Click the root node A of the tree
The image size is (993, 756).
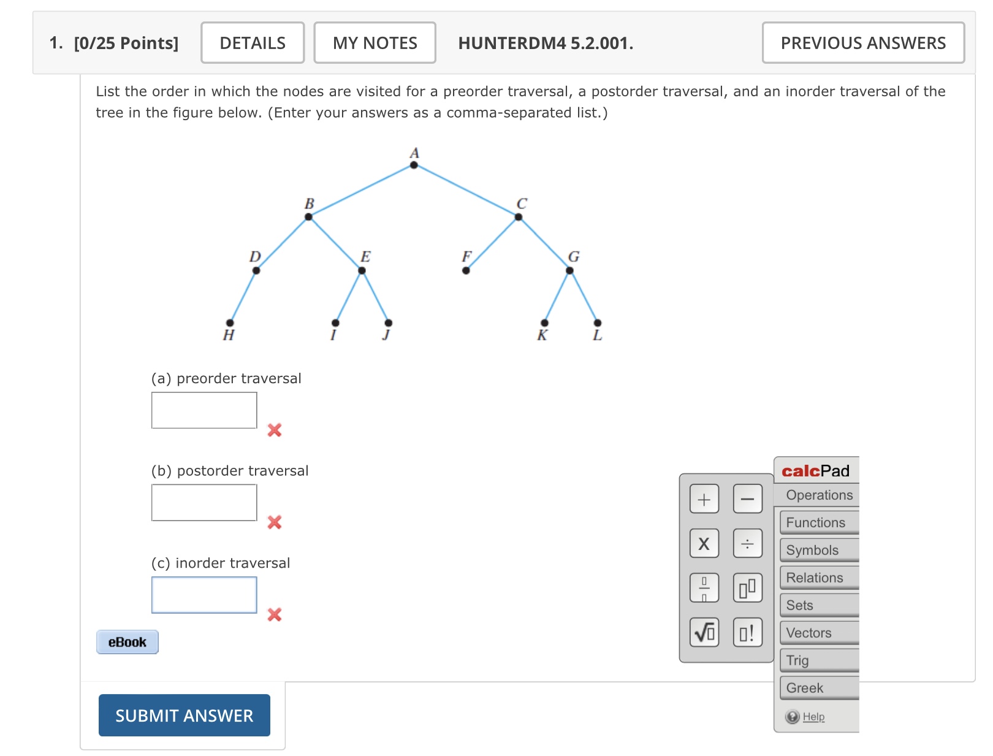414,165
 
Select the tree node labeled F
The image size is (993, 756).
466,270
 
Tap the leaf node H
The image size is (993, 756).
230,323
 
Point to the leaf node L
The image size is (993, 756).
598,323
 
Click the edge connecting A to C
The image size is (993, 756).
466,191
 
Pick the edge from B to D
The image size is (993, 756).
282,243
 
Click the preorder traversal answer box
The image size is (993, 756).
204,410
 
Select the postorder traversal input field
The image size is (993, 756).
204,503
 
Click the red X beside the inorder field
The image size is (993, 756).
275,614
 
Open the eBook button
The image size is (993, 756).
127,642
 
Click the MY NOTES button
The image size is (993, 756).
375,43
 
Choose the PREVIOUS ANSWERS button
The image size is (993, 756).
862,43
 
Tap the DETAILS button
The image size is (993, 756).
253,43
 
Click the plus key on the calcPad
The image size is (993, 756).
704,499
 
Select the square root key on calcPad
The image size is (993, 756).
704,632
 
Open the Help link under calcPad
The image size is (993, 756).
813,717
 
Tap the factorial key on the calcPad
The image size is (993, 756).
747,632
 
